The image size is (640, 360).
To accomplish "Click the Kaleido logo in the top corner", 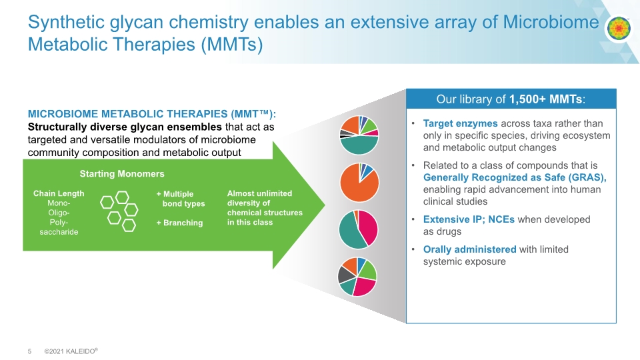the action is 619,28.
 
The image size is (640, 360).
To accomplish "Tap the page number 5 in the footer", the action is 29,351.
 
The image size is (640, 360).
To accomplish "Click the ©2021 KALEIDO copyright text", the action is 71,351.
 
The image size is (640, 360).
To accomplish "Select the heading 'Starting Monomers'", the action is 121,174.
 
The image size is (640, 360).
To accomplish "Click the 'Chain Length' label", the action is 59,193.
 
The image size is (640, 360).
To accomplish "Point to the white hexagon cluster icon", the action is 119,211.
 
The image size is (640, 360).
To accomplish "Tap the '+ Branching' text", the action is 179,223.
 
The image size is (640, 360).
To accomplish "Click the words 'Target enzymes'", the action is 460,124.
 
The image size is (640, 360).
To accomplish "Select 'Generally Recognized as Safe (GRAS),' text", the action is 515,177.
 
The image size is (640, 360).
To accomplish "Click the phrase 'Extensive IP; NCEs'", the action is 469,219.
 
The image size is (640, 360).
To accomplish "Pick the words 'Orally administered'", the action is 469,249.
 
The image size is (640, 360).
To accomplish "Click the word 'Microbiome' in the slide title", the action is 551,22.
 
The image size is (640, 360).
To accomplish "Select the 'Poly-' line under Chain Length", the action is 59,223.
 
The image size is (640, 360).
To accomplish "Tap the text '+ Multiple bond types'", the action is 181,199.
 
